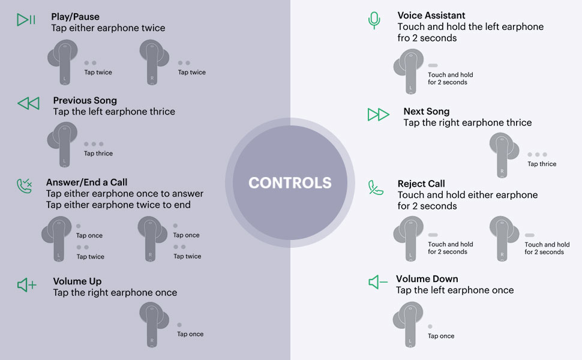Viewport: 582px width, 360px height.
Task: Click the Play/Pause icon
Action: click(x=26, y=20)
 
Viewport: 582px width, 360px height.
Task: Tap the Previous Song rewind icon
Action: click(x=28, y=104)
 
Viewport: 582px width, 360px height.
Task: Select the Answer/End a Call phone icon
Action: click(x=25, y=186)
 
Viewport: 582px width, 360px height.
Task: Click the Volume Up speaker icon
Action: click(x=27, y=285)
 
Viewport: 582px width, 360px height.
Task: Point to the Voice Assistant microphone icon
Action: click(x=374, y=20)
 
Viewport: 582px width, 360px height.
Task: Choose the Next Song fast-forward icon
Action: click(x=378, y=115)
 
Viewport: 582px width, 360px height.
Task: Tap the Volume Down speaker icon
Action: click(x=378, y=282)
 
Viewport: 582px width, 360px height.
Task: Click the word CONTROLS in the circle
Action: click(x=290, y=183)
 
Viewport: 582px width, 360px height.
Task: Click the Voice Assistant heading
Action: click(x=431, y=16)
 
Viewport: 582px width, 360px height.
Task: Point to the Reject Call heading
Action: click(x=421, y=184)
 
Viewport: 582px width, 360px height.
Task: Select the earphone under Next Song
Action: click(x=503, y=154)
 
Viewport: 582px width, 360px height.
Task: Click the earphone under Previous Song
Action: click(x=64, y=143)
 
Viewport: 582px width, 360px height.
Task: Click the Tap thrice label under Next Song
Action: click(x=542, y=164)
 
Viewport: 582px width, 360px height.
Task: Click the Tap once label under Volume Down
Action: click(x=441, y=336)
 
